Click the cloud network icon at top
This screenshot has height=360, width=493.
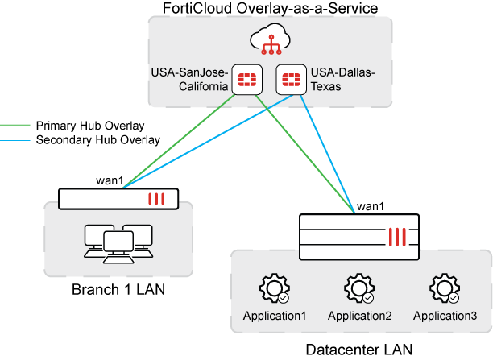(x=270, y=39)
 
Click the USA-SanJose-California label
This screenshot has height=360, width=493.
(x=189, y=79)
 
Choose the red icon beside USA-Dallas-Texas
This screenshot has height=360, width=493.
(x=289, y=79)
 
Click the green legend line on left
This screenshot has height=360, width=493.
(x=14, y=125)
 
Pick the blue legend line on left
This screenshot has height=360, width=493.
(x=14, y=140)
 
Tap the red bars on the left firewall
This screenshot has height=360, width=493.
(x=155, y=199)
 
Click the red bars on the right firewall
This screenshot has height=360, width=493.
(x=398, y=237)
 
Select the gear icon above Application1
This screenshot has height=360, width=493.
(x=275, y=289)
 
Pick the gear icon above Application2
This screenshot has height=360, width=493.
(x=359, y=289)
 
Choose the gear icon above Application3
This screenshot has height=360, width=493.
(x=445, y=289)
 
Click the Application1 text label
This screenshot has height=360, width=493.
(x=275, y=316)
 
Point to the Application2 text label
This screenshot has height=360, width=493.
(x=359, y=316)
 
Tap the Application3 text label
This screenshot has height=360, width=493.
(x=445, y=316)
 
